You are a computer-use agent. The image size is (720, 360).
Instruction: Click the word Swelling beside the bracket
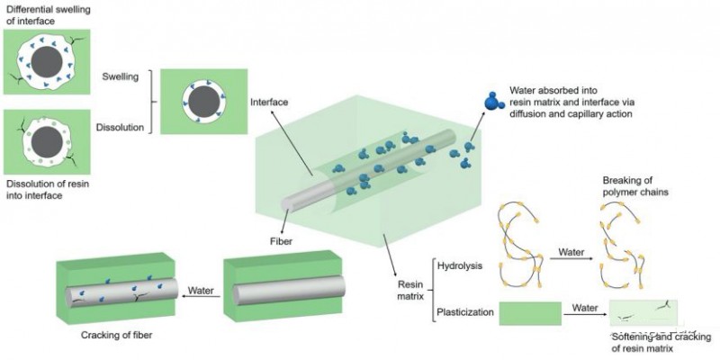pos(120,76)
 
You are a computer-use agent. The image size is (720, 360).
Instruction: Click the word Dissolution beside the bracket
pos(120,127)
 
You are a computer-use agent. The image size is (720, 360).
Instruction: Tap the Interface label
pos(269,102)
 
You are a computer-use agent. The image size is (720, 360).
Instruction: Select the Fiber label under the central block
pos(280,240)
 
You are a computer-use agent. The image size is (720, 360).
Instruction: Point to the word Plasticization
pos(465,312)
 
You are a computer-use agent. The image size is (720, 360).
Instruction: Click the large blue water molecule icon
pos(493,101)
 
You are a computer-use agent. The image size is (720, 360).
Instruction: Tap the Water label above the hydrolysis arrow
pos(571,252)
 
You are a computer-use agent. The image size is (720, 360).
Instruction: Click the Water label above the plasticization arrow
pos(585,308)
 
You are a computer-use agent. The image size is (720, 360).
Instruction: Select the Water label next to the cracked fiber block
pos(202,290)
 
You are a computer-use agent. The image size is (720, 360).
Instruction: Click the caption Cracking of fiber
pos(116,335)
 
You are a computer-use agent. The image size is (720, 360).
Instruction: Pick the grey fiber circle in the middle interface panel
pos(204,102)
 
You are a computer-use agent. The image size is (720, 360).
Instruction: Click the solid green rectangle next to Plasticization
pos(530,313)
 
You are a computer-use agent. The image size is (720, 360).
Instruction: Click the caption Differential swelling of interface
pos(34,13)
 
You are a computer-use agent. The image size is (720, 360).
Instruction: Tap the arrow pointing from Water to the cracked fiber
pos(202,297)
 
